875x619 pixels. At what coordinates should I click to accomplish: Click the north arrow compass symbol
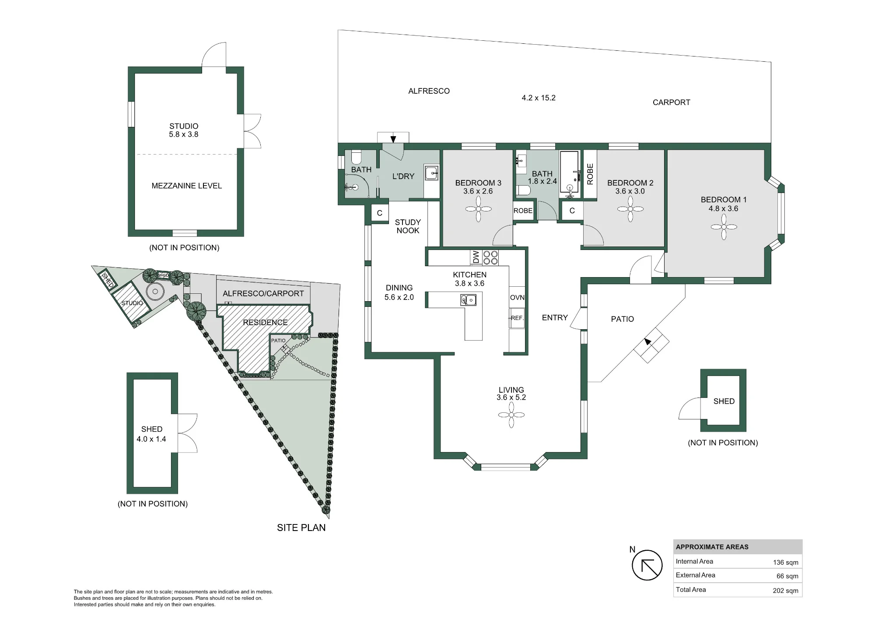click(647, 565)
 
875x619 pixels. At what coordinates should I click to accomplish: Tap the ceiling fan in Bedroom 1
click(724, 227)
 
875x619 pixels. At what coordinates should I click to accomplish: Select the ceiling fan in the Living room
click(511, 415)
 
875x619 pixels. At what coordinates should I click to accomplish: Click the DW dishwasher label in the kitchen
click(476, 257)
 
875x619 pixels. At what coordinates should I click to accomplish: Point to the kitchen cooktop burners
click(490, 257)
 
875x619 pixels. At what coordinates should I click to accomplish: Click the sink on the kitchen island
click(468, 300)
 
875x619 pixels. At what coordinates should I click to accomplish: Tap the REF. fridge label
click(517, 318)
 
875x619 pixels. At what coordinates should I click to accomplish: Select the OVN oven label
click(517, 297)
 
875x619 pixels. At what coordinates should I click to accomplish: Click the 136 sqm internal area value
click(785, 563)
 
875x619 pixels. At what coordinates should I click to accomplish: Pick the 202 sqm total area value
click(785, 591)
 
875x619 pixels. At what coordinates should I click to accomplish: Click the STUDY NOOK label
click(408, 226)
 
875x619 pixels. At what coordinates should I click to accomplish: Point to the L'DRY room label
click(403, 176)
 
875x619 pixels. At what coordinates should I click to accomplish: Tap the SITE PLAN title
click(301, 528)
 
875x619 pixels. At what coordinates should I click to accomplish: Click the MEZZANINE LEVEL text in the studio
click(187, 186)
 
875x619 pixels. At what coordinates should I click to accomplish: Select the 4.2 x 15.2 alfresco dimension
click(539, 98)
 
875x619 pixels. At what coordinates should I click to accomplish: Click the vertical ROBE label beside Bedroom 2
click(590, 174)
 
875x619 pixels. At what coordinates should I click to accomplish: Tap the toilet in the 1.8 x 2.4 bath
click(523, 190)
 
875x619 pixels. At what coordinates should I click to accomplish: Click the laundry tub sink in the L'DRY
click(432, 173)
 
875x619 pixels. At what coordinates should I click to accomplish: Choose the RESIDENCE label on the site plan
click(265, 322)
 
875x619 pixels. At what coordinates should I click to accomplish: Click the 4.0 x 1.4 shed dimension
click(151, 439)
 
